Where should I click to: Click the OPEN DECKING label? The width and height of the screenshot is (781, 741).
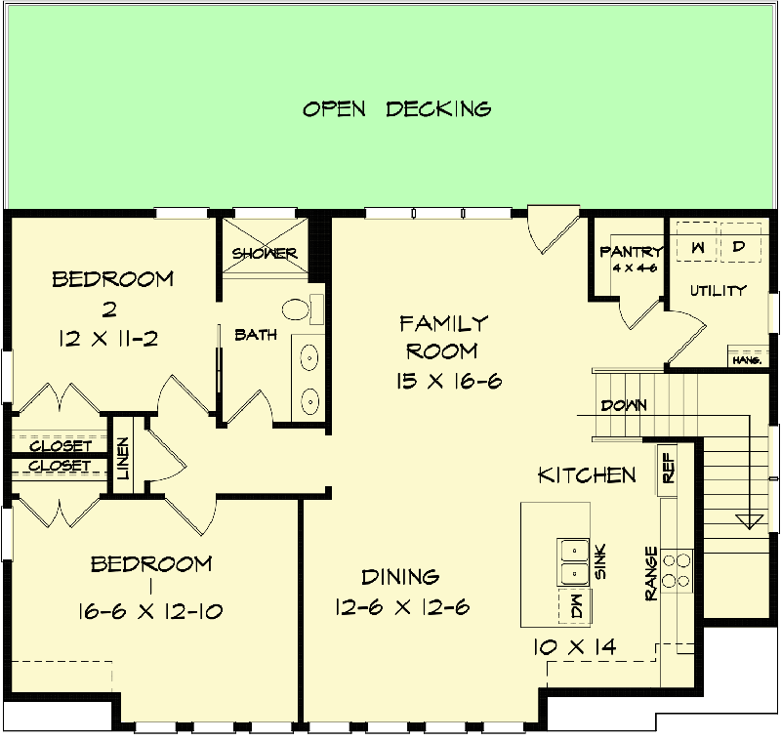coord(396,108)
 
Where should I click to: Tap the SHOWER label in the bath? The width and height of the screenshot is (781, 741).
coord(265,254)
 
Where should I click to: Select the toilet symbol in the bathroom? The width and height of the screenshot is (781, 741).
coord(296,310)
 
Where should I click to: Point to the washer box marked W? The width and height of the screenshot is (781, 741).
coord(697,247)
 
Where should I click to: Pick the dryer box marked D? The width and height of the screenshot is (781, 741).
coord(739,247)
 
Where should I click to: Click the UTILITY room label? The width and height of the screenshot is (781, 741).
coord(718,290)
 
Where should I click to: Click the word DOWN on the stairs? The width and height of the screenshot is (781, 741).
coord(622,405)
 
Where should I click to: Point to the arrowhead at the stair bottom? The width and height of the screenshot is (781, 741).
coord(750,520)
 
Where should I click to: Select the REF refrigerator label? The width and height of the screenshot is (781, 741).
coord(669,468)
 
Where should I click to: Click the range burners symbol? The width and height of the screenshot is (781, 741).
coord(676,570)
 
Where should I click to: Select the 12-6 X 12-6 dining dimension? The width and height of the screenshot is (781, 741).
coord(400,607)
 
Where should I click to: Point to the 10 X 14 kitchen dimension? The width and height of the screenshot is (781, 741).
coord(582,645)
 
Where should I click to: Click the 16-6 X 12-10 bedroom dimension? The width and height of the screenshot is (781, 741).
coord(150,612)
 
